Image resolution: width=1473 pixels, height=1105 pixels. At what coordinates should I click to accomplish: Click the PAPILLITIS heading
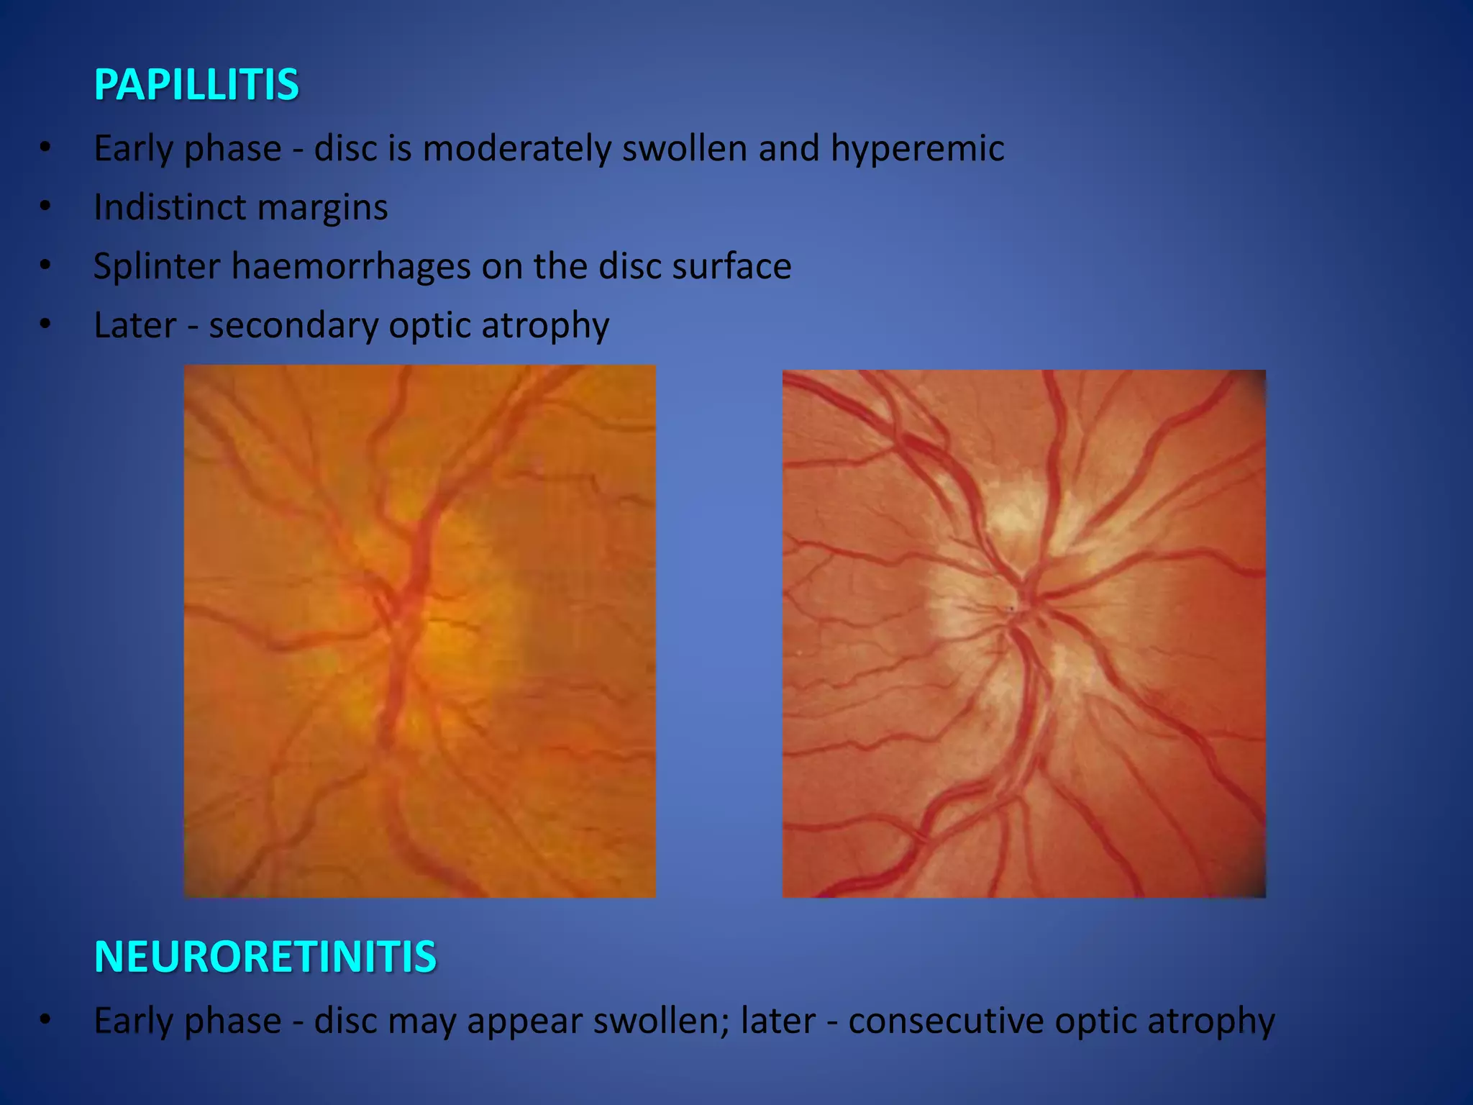click(196, 85)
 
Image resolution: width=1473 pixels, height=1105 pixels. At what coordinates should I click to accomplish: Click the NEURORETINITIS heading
click(265, 957)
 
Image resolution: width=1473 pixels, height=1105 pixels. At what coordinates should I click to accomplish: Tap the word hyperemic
click(917, 149)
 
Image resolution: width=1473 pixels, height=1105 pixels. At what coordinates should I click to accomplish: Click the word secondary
click(293, 326)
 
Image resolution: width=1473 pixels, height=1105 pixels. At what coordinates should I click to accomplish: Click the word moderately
click(516, 149)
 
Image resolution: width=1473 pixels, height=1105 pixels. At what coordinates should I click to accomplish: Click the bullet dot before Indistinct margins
click(45, 207)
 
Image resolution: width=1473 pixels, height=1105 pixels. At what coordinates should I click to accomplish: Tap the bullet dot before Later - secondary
click(45, 325)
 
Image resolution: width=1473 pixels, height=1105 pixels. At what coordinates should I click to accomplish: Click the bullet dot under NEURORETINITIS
click(45, 1020)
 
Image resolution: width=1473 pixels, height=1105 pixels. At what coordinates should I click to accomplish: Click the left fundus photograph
click(419, 631)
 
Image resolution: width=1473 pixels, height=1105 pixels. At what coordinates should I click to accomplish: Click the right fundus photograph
click(1023, 633)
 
